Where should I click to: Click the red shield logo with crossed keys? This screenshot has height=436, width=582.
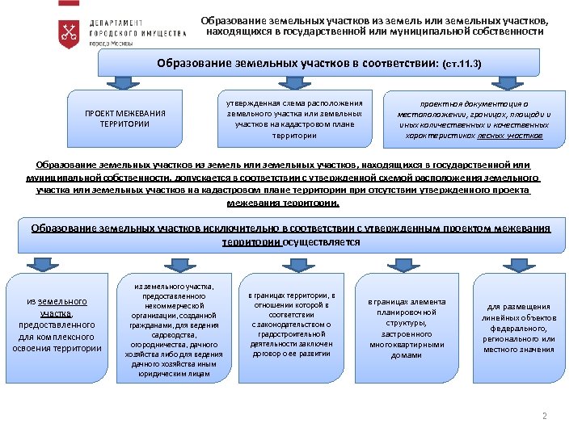point(70,32)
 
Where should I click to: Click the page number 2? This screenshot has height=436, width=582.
point(545,417)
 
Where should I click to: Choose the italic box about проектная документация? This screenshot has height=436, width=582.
point(474,120)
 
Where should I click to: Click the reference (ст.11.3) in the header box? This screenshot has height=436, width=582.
point(462,63)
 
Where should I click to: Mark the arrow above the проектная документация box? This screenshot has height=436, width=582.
point(474,82)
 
